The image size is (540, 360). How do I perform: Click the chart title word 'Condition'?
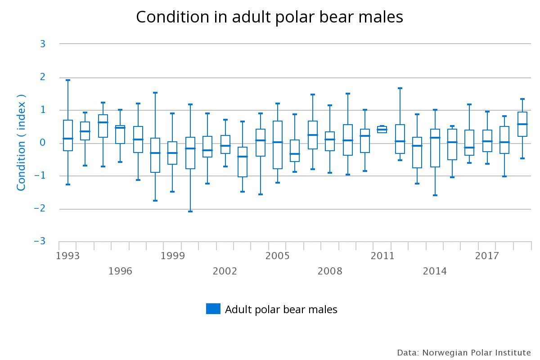pyautogui.click(x=172, y=17)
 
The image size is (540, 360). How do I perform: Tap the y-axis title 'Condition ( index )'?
pyautogui.click(x=21, y=143)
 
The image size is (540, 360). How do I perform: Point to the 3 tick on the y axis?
pyautogui.click(x=42, y=44)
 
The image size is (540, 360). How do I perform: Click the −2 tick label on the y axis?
pyautogui.click(x=40, y=209)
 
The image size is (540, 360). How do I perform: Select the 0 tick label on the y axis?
pyautogui.click(x=42, y=143)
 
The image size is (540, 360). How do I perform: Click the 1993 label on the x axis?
pyautogui.click(x=68, y=256)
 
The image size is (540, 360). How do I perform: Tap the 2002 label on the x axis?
pyautogui.click(x=225, y=271)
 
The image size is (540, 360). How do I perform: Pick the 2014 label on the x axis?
pyautogui.click(x=435, y=271)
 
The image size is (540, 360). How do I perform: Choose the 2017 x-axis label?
pyautogui.click(x=487, y=256)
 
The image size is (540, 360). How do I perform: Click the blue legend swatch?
pyautogui.click(x=213, y=309)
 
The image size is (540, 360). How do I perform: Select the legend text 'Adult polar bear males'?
pyautogui.click(x=281, y=309)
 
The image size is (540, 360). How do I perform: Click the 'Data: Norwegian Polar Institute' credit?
pyautogui.click(x=463, y=352)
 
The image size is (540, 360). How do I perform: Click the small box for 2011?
pyautogui.click(x=382, y=130)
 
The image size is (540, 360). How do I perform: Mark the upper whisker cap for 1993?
pyautogui.click(x=68, y=80)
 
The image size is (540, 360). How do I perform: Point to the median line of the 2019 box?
pyautogui.click(x=522, y=124)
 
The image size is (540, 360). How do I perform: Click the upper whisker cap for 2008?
pyautogui.click(x=330, y=105)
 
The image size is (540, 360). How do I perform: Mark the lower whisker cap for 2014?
pyautogui.click(x=435, y=195)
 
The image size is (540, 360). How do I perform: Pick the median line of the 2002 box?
pyautogui.click(x=225, y=146)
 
